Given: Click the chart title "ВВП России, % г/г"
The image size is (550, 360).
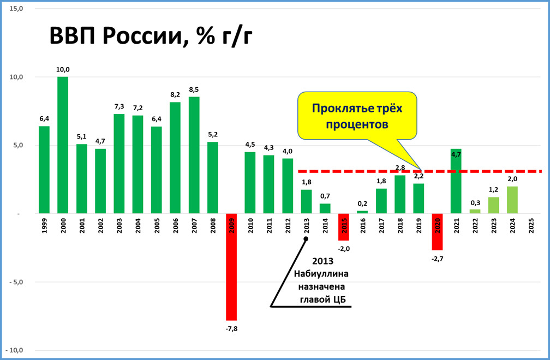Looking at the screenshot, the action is pyautogui.click(x=151, y=36).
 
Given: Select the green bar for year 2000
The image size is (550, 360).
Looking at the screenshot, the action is pyautogui.click(x=63, y=145).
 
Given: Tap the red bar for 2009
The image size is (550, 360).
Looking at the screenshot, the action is pyautogui.click(x=231, y=267).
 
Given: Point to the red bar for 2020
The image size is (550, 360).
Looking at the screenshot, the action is pyautogui.click(x=438, y=232).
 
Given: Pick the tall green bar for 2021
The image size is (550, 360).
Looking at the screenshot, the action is pyautogui.click(x=456, y=181).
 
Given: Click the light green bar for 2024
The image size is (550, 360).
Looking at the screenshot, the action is pyautogui.click(x=512, y=200).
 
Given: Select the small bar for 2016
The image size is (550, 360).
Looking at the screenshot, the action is pyautogui.click(x=362, y=212).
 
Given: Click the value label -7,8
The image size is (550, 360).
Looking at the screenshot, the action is pyautogui.click(x=231, y=329).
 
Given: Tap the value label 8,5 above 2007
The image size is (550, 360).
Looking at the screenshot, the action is pyautogui.click(x=194, y=90).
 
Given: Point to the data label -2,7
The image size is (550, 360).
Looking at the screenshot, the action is pyautogui.click(x=438, y=259).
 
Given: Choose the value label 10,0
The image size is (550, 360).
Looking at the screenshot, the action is pyautogui.click(x=63, y=69).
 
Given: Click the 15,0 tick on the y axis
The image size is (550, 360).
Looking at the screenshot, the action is pyautogui.click(x=16, y=8).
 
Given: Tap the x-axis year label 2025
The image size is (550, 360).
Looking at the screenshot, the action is pyautogui.click(x=531, y=226).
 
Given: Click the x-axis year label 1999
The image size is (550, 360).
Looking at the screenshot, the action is pyautogui.click(x=44, y=226).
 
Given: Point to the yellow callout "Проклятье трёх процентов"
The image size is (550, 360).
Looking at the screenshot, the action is pyautogui.click(x=357, y=116).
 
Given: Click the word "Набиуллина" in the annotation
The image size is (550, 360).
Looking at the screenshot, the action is pyautogui.click(x=321, y=274).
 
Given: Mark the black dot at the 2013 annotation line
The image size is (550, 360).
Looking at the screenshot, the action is pyautogui.click(x=306, y=239).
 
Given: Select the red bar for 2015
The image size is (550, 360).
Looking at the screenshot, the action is pyautogui.click(x=344, y=227).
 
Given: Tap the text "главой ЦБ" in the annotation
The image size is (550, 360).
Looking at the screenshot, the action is pyautogui.click(x=322, y=299).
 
